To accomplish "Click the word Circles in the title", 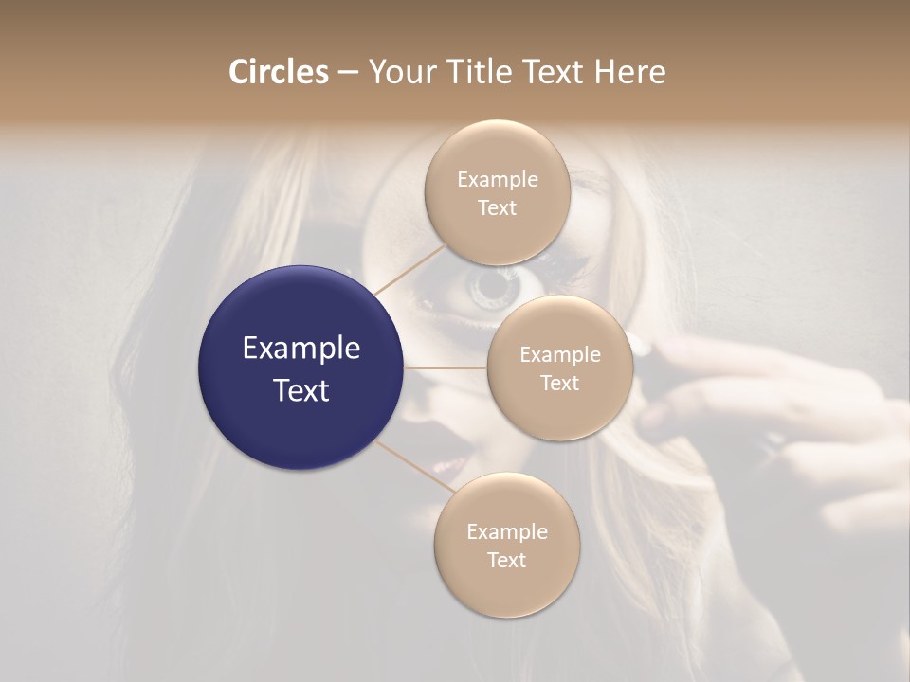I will click(x=279, y=72).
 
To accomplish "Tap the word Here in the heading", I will click(x=629, y=72).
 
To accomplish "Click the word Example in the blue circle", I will click(x=301, y=349).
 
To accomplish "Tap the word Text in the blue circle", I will click(x=301, y=389).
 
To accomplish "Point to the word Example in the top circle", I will click(x=497, y=179).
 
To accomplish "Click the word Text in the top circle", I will click(x=497, y=207).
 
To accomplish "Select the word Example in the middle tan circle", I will click(x=559, y=354).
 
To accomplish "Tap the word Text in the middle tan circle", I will click(x=559, y=383).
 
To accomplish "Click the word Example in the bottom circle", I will click(x=506, y=531).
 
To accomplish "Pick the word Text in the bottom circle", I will click(x=506, y=560).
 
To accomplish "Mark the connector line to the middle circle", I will click(x=446, y=368).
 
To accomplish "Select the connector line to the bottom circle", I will click(x=413, y=466).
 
